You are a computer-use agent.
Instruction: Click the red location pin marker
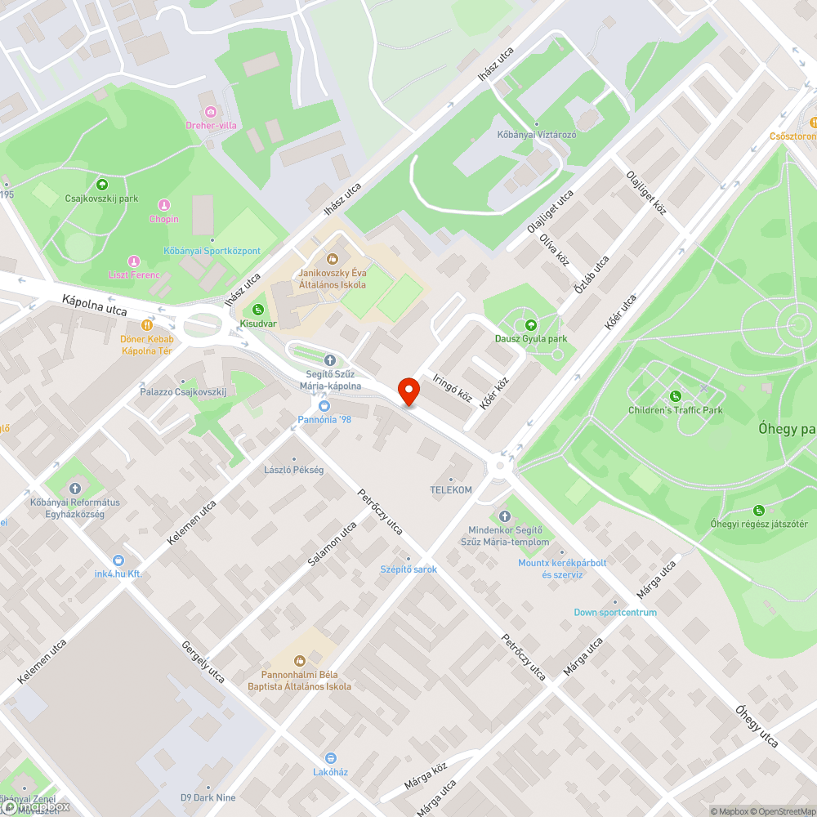408,391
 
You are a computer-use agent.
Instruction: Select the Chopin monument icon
163,204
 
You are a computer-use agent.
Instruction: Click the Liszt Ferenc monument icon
124,259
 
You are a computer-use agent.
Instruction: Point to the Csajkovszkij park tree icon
102,184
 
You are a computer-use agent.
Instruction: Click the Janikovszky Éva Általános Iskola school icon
332,259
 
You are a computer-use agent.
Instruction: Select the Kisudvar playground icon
257,309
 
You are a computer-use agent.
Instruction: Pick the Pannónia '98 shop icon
324,405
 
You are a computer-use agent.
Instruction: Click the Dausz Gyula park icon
530,324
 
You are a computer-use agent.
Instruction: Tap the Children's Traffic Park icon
676,395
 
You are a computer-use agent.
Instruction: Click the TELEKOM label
451,489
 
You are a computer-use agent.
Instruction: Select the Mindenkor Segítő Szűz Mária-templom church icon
503,516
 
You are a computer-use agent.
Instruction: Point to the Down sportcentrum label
614,612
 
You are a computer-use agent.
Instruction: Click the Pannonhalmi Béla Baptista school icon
300,660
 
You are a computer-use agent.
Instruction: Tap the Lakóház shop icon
331,757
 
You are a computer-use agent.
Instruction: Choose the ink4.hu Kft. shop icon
118,560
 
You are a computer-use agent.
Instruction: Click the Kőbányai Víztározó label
537,134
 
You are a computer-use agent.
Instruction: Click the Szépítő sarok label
408,569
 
